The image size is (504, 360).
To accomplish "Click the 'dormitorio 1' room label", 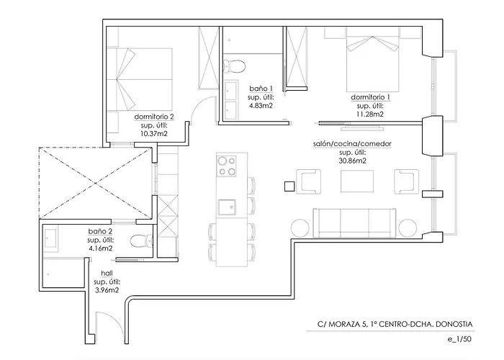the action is (x=370, y=97).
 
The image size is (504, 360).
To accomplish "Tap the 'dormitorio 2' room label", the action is (x=154, y=117).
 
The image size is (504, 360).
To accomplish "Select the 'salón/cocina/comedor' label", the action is (x=352, y=144).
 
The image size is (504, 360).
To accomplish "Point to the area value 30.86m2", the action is (x=352, y=161).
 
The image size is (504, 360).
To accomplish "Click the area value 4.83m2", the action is (x=261, y=105).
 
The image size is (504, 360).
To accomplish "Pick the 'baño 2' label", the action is (x=100, y=231).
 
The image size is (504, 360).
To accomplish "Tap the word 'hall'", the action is (x=107, y=273).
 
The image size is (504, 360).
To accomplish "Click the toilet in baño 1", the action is (x=234, y=66).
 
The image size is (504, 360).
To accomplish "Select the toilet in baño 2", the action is (x=141, y=240).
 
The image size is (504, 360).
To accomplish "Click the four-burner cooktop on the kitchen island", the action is (x=226, y=166).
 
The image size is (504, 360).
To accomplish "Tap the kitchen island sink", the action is (x=227, y=207).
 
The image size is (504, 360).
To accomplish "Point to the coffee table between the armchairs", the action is (x=357, y=181).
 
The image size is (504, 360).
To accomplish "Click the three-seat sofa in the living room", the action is (x=354, y=222).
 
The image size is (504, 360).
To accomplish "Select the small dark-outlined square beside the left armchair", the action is (x=289, y=186).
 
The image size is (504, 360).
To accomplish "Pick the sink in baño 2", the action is (x=51, y=238).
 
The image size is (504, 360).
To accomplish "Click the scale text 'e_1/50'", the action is (x=459, y=339).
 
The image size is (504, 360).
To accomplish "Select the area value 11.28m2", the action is (x=370, y=114).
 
